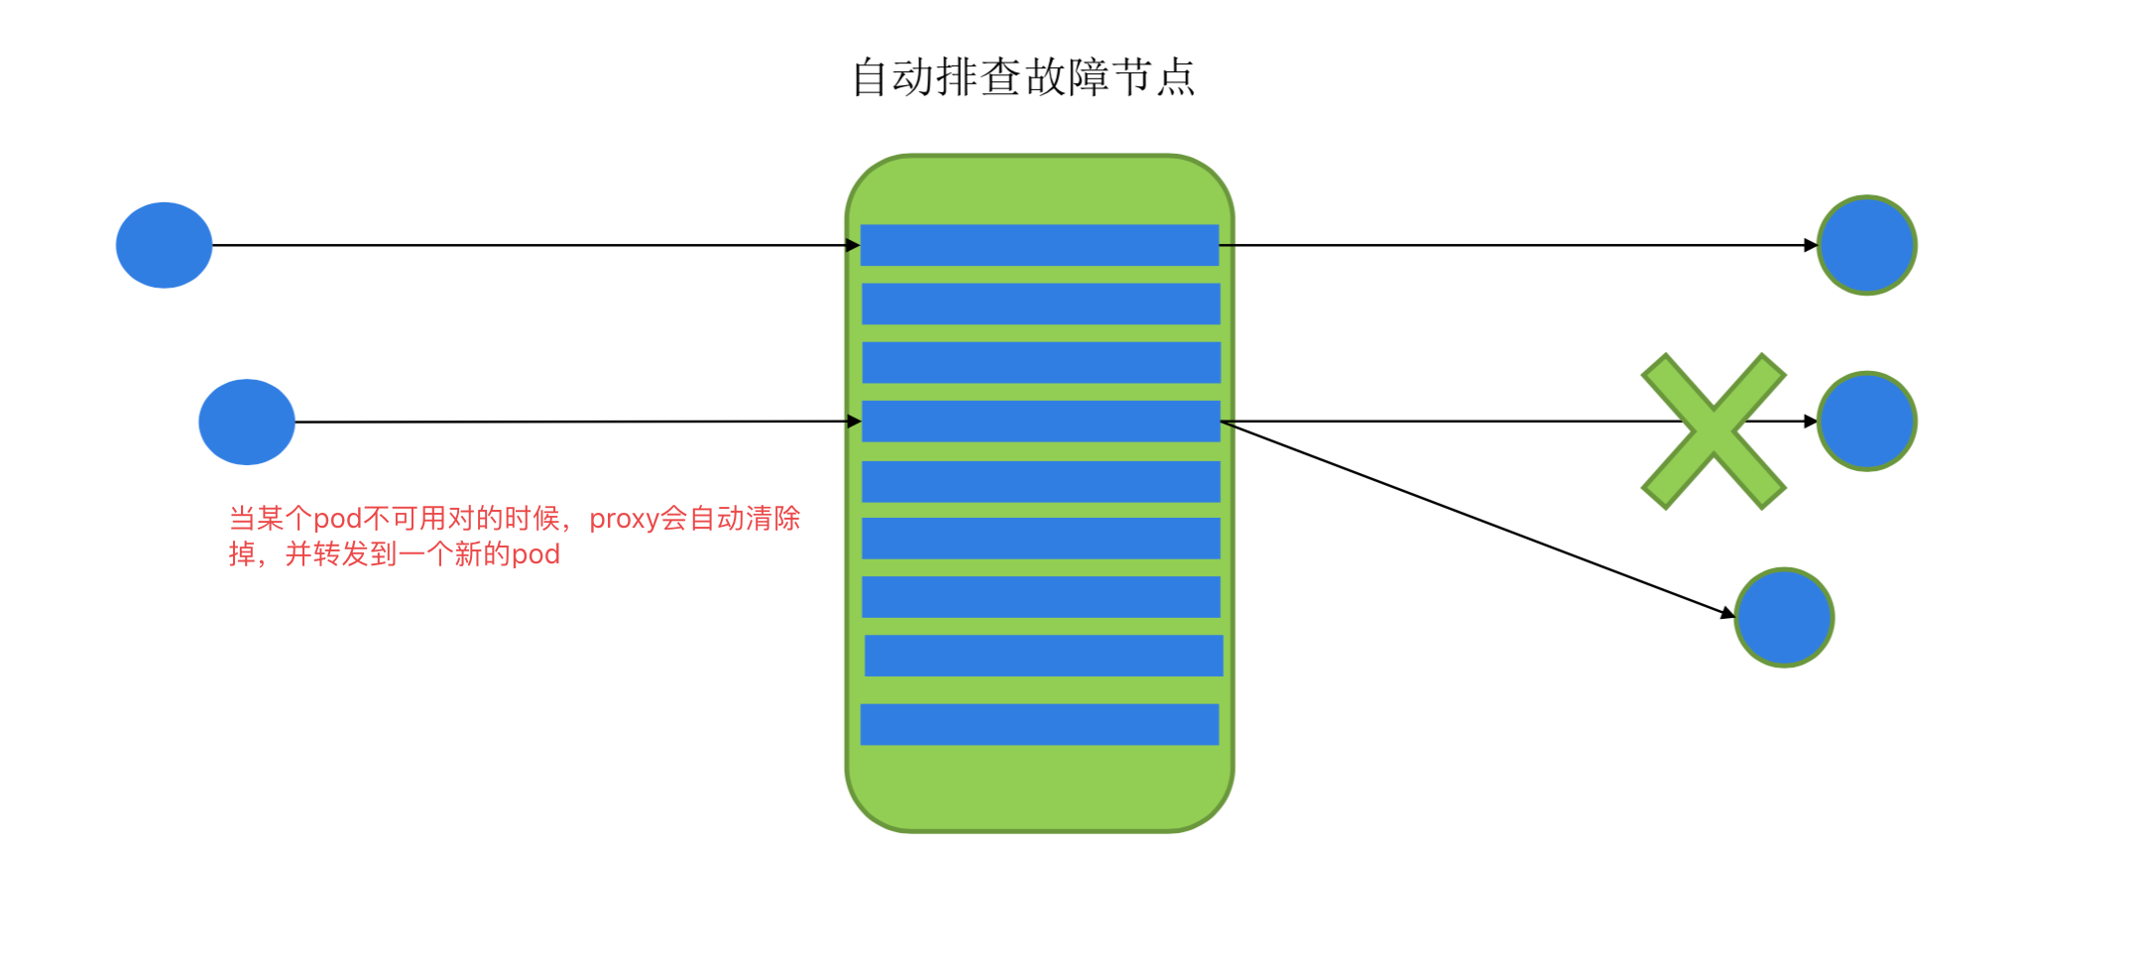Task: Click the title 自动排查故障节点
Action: coord(1023,77)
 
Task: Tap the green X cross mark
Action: coord(1713,430)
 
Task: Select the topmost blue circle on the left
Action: coord(164,245)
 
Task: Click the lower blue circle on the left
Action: coord(247,422)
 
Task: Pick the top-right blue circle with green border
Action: coord(1866,245)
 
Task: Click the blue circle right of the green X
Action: coord(1866,422)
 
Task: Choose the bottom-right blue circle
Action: coord(1784,617)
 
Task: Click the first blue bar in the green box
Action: coord(1039,245)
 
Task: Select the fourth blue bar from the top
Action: coord(1040,421)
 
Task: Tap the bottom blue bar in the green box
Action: coord(1039,724)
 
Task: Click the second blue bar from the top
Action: coord(1040,304)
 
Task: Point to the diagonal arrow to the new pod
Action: coord(1478,519)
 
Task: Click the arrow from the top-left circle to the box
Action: coord(535,245)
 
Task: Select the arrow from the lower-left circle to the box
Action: coord(575,422)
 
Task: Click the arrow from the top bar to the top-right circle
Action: coord(1517,245)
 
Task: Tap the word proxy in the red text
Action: coord(624,519)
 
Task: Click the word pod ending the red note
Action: coord(535,553)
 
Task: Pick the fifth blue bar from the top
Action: coord(1040,481)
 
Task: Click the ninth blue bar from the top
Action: coord(1043,656)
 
